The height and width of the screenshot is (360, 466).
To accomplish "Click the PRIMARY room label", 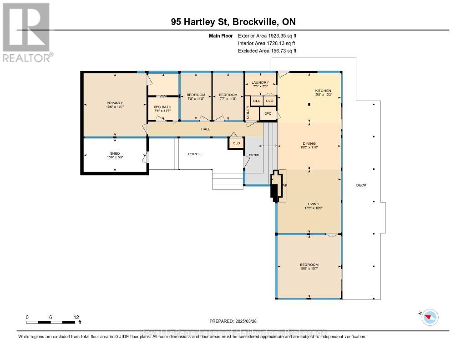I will [115, 103].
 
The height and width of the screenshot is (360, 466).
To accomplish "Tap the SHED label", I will [115, 155].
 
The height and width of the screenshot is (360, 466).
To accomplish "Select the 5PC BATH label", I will [162, 109].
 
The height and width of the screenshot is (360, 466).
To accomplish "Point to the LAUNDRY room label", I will [260, 82].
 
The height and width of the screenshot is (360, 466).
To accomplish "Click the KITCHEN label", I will [323, 91].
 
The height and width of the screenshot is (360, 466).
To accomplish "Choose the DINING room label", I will [309, 144].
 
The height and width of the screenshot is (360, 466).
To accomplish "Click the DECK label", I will [361, 185].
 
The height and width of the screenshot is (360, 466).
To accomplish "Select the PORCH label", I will [195, 154].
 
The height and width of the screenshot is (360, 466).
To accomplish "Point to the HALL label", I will [205, 130].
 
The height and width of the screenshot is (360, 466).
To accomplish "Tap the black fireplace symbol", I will [274, 187].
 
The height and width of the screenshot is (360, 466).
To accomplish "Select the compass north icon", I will [430, 317].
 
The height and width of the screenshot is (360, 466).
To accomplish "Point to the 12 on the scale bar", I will [76, 317].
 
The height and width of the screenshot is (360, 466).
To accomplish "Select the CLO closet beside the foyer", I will [236, 143].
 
